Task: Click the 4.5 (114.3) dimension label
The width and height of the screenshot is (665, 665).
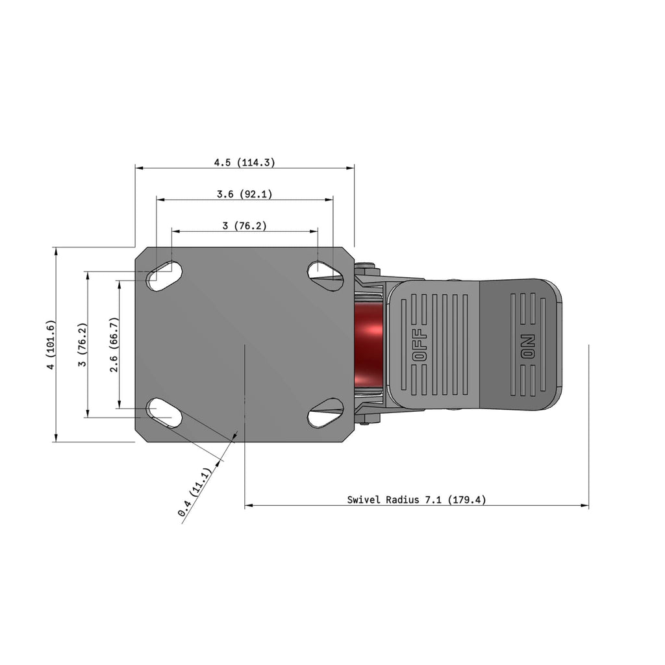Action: coord(244,162)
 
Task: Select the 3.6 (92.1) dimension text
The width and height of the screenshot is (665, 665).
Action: coord(244,194)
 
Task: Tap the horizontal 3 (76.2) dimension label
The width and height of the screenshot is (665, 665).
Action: coord(245,225)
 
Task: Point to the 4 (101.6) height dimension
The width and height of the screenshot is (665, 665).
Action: coord(51,344)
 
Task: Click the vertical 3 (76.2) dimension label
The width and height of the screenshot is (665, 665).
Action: coord(82,344)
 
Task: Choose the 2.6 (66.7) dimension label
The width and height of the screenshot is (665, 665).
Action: coord(114,344)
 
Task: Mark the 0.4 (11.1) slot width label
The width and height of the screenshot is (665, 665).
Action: coord(194,492)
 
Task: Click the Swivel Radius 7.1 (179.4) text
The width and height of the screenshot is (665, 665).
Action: coord(416,499)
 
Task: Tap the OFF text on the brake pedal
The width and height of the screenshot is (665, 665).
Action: coord(420,345)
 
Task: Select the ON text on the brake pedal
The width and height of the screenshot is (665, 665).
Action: coord(529,347)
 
